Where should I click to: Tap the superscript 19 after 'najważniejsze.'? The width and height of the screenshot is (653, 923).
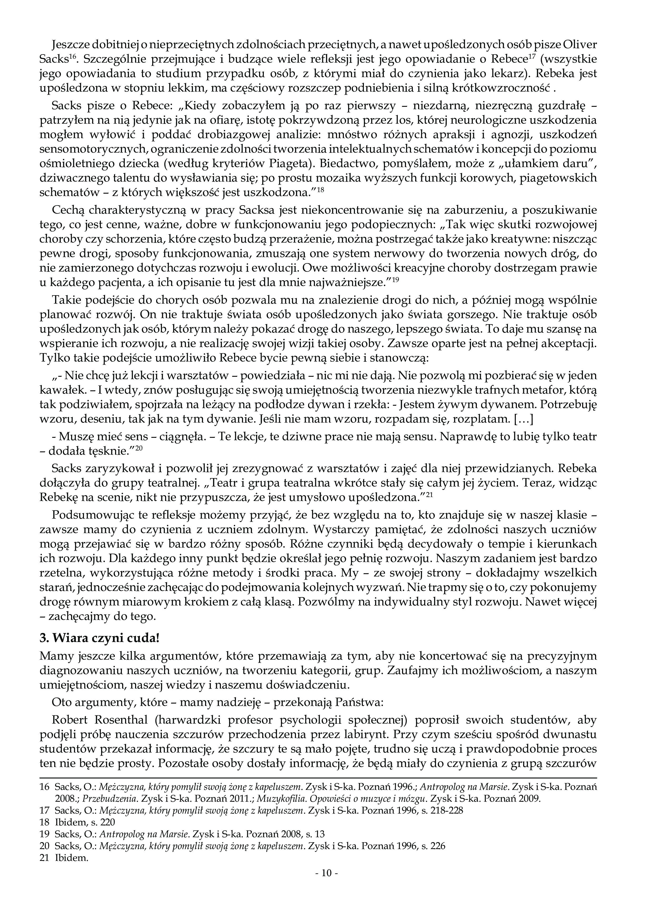(x=395, y=279)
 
